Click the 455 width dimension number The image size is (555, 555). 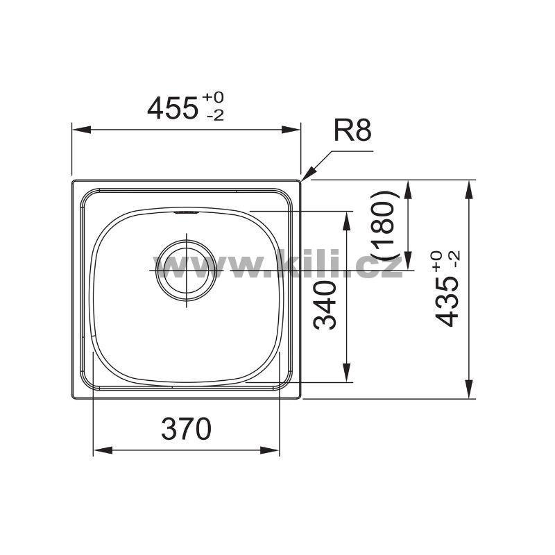172,108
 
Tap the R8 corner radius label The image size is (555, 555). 352,130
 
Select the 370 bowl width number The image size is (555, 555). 186,429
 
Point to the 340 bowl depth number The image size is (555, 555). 325,305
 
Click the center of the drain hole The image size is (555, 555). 186,270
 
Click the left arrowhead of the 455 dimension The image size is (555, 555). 81,130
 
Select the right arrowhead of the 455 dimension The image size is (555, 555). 291,130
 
